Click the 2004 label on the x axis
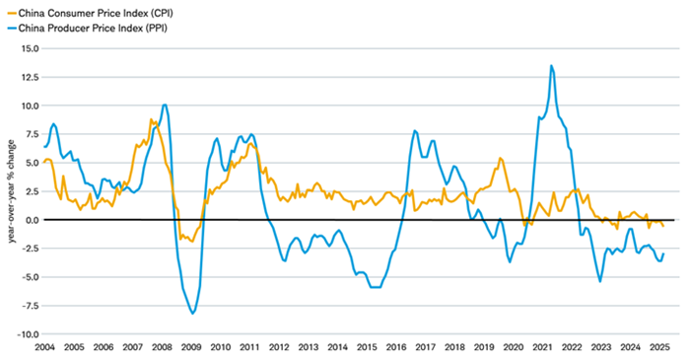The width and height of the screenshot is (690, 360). pos(44,348)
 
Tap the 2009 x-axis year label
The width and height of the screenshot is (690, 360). pos(191,348)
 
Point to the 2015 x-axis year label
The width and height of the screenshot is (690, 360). pos(367,348)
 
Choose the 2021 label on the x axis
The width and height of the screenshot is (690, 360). pos(542,348)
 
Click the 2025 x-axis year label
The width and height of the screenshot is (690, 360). pos(659,348)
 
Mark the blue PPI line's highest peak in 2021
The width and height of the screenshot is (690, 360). pos(551,66)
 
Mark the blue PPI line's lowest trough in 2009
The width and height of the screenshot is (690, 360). pos(192,313)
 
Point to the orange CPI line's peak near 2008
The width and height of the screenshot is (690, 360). pos(151,119)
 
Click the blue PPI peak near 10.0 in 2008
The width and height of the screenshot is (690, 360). pos(165,105)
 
